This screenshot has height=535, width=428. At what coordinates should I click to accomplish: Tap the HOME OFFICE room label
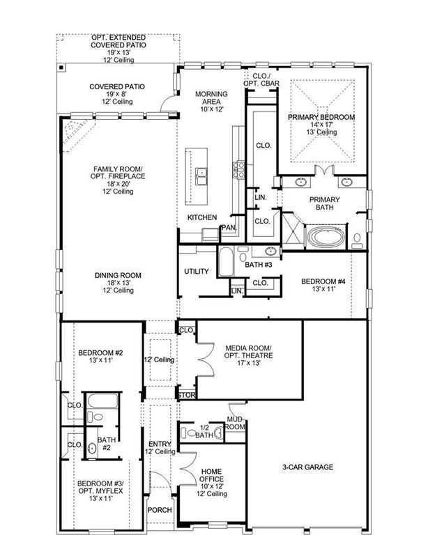point(211,480)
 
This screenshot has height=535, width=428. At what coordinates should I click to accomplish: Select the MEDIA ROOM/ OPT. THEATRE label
point(249,355)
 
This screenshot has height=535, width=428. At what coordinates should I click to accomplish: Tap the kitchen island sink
point(201,176)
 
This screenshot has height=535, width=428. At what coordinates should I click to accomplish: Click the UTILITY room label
point(197,271)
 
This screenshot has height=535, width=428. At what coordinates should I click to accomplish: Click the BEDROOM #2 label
point(100,355)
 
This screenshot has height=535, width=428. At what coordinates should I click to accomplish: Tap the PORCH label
point(160,509)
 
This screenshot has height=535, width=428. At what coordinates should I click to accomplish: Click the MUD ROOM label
point(236,423)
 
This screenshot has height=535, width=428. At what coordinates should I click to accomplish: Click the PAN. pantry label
point(229,228)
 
